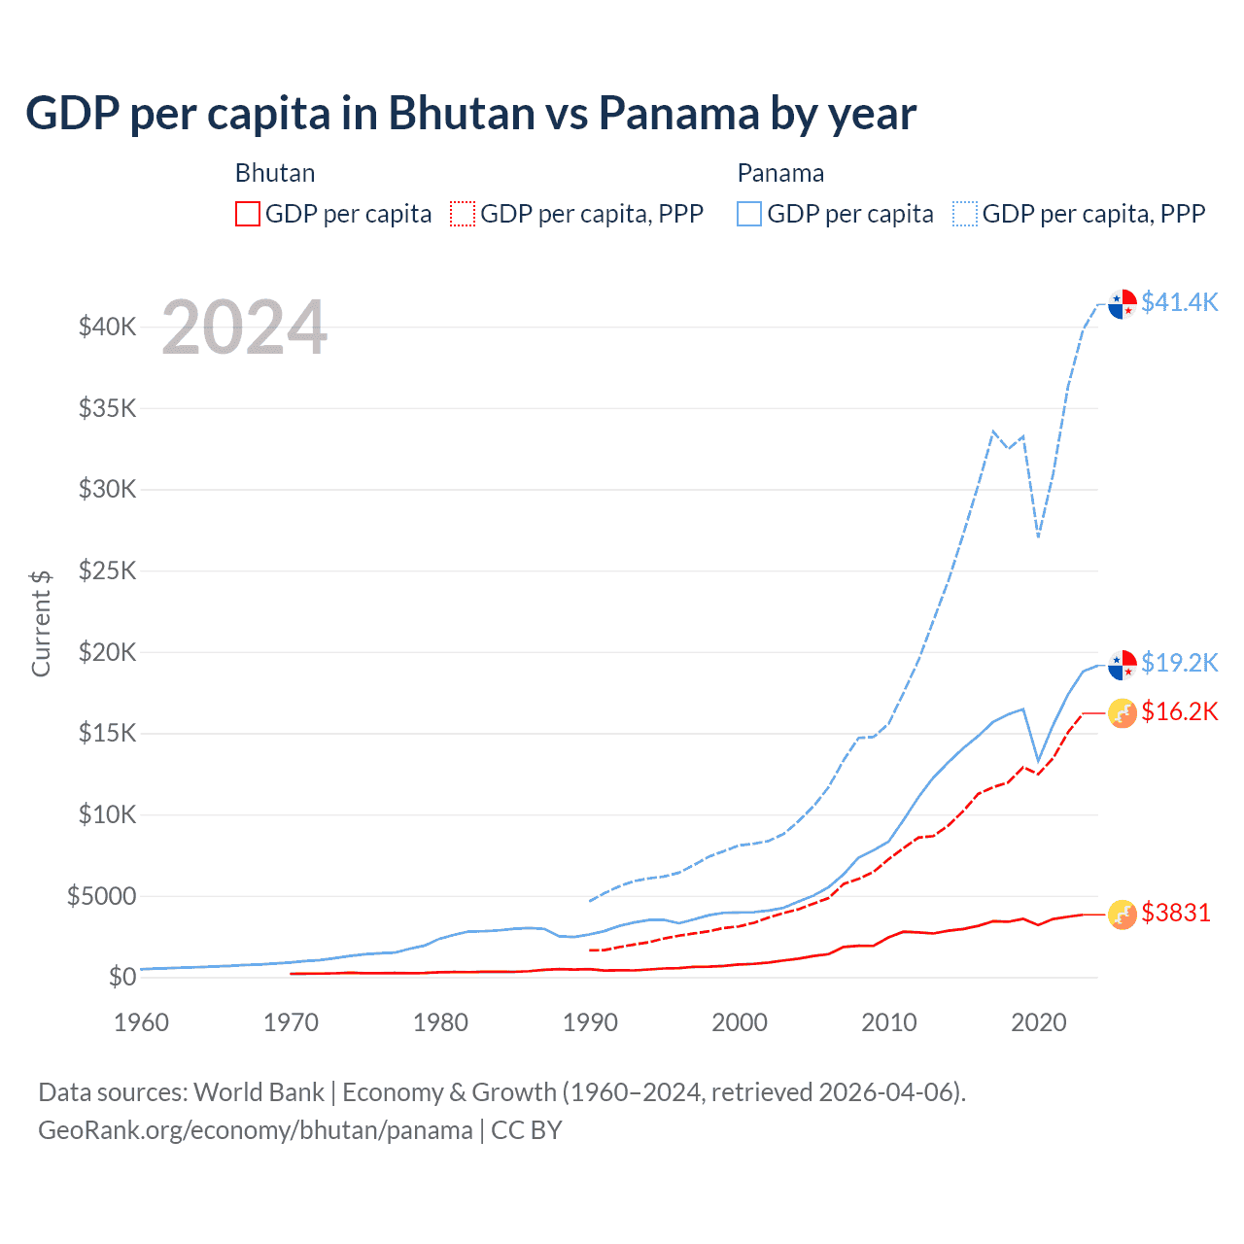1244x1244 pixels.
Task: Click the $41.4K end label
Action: (x=1179, y=302)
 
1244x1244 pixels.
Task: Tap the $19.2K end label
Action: (x=1179, y=663)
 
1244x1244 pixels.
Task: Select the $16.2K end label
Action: (x=1179, y=712)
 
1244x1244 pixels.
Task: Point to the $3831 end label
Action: (x=1176, y=913)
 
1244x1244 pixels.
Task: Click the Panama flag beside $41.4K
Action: (x=1123, y=303)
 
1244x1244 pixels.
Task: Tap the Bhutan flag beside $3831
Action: (x=1123, y=914)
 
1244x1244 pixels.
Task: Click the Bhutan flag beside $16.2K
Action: (x=1123, y=713)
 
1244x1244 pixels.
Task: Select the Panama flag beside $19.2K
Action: (x=1123, y=664)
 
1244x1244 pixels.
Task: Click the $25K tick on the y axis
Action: (x=108, y=570)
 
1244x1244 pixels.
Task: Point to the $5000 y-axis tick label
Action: (x=102, y=896)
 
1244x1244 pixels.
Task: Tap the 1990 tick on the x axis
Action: (x=590, y=1022)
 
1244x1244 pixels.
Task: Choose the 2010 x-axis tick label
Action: (x=889, y=1022)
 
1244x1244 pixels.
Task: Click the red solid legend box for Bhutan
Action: (x=248, y=214)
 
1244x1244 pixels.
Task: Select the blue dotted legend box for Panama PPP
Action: (x=965, y=214)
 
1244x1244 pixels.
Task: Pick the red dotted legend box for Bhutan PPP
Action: (x=464, y=214)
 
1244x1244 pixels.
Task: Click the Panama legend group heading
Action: (x=780, y=173)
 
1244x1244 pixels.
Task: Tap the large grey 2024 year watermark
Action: (x=245, y=328)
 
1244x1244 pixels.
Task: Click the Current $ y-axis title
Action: (x=41, y=623)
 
